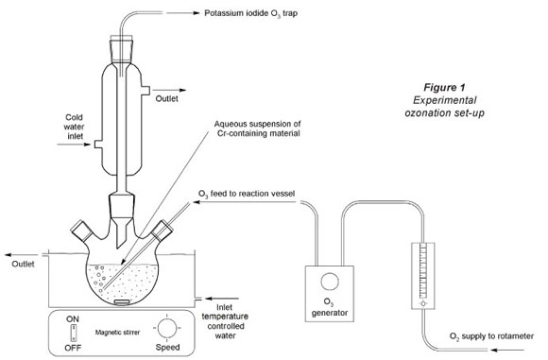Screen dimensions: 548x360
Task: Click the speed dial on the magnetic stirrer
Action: (x=166, y=328)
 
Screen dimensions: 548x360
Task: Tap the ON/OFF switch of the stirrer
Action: (x=74, y=334)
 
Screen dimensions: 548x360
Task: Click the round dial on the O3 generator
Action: (x=330, y=282)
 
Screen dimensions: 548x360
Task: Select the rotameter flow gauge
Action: (x=423, y=276)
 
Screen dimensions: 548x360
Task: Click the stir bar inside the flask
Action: (x=122, y=301)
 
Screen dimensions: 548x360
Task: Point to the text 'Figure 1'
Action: (x=444, y=87)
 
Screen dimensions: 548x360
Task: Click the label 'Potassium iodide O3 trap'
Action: (x=250, y=13)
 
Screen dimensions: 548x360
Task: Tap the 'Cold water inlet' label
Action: (x=74, y=127)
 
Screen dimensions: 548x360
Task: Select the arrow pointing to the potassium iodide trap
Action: (x=182, y=13)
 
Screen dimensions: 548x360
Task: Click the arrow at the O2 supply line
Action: (x=507, y=350)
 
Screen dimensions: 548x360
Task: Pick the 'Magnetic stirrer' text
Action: (x=117, y=332)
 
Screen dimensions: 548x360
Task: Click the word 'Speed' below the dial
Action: (x=167, y=347)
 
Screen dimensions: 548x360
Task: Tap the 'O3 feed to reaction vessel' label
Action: (x=247, y=194)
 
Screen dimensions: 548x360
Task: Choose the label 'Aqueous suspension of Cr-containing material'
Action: (x=258, y=129)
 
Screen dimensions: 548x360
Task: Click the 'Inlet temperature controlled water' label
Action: (x=225, y=321)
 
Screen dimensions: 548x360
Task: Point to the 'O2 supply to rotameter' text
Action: (x=491, y=336)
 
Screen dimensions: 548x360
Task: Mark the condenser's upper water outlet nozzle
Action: (x=146, y=90)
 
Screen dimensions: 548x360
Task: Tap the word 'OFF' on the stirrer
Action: (x=73, y=348)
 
